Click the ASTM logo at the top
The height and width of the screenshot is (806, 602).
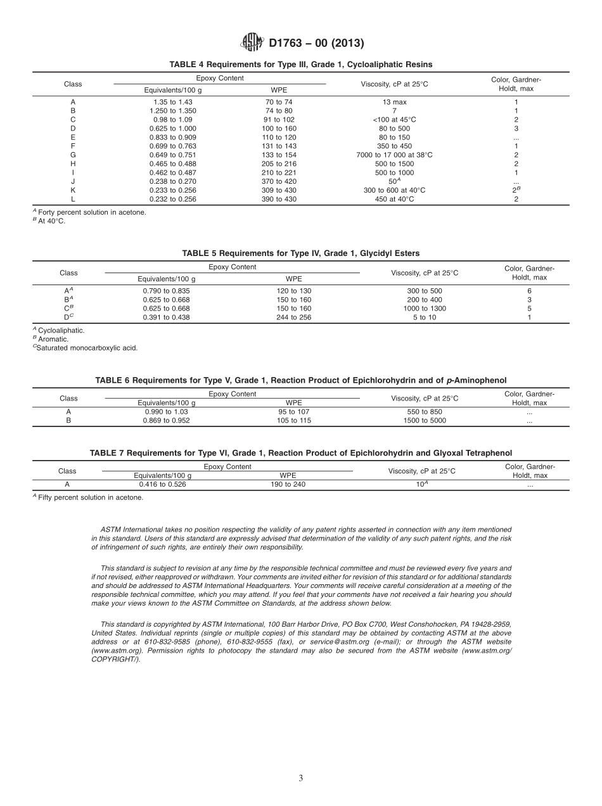(252, 42)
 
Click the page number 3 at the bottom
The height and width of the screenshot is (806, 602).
(300, 778)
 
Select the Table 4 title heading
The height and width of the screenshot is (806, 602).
(300, 65)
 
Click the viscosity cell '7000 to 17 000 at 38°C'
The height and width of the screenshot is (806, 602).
(394, 155)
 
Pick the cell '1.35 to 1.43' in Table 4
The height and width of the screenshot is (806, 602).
(172, 101)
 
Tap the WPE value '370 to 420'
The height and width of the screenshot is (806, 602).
(279, 181)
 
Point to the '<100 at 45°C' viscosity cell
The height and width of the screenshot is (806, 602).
(394, 119)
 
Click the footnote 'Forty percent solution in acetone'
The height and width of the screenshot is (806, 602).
(91, 212)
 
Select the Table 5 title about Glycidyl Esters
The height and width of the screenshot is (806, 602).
(300, 253)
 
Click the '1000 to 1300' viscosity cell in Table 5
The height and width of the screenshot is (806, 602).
(425, 309)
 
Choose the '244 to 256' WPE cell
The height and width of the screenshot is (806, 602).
(293, 317)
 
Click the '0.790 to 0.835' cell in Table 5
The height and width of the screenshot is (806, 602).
(166, 291)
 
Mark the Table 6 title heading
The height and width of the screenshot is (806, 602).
(300, 380)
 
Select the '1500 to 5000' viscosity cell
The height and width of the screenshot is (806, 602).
(425, 420)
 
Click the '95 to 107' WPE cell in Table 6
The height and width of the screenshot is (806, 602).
(293, 411)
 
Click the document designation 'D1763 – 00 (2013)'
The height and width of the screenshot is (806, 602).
(316, 43)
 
